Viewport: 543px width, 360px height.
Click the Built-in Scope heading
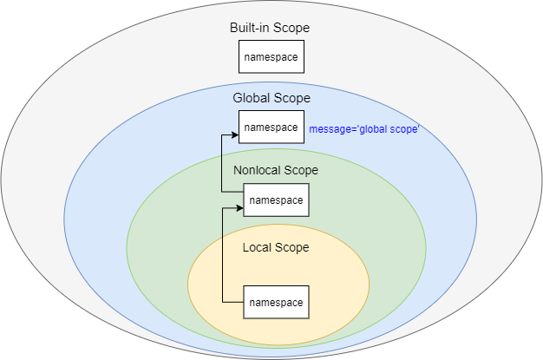[x=270, y=28]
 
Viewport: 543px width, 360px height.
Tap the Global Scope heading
[x=271, y=97]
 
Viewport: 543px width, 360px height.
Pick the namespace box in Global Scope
[x=271, y=128]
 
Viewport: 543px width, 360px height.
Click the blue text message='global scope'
[x=364, y=129]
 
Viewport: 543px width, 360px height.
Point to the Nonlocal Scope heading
[x=276, y=170]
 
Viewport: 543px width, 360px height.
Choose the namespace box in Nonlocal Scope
[x=276, y=200]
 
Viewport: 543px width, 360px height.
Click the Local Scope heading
[x=276, y=247]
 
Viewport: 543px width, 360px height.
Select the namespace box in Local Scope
[x=276, y=302]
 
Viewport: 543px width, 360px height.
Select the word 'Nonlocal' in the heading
[x=258, y=170]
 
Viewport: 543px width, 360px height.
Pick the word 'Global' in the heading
[x=252, y=97]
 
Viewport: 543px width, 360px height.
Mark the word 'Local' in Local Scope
[x=258, y=247]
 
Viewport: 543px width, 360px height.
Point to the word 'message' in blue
[x=329, y=129]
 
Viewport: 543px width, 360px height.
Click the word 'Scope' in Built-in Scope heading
[x=292, y=28]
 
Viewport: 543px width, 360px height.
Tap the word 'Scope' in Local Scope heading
[x=293, y=247]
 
